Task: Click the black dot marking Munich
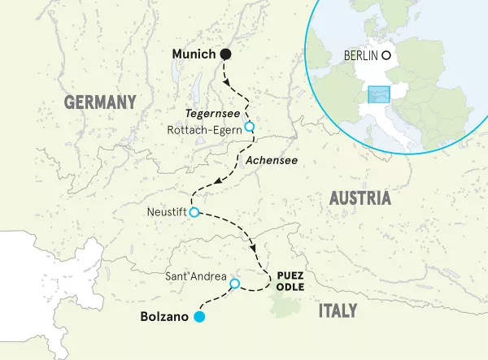[x=226, y=54]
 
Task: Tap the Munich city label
[x=194, y=54]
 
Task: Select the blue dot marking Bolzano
[x=198, y=317]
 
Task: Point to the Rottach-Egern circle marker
[x=250, y=126]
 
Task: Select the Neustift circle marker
[x=194, y=213]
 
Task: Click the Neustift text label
[x=166, y=213]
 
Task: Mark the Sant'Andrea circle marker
[x=235, y=284]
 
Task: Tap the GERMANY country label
[x=99, y=102]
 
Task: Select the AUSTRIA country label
[x=359, y=198]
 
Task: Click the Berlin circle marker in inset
[x=387, y=56]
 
